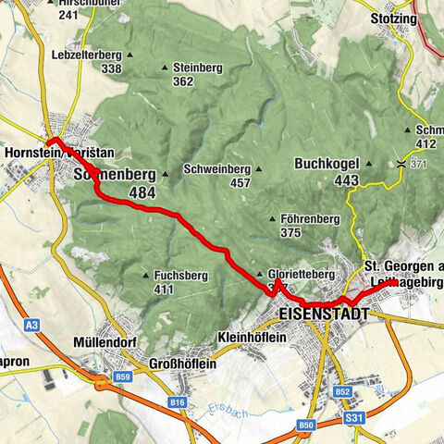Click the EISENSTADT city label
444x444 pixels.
pos(323,315)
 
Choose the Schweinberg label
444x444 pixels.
pos(217,169)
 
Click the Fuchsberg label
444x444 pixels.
pos(178,276)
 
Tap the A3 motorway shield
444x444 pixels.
pos(32,325)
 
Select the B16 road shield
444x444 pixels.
pos(179,402)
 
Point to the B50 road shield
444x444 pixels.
pos(306,425)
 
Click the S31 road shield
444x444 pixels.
pos(352,417)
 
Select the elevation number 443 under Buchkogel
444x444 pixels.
pos(347,180)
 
